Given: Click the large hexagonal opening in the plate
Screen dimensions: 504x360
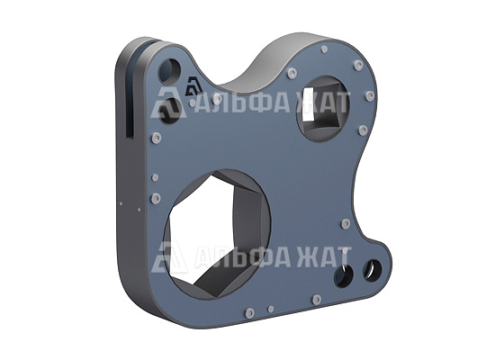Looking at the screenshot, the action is click(217, 235).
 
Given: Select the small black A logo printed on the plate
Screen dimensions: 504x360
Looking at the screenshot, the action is click(193, 86).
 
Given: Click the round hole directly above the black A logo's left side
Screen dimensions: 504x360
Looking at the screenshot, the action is click(170, 70).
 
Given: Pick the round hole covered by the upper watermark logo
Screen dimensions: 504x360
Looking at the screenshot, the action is click(170, 110).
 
